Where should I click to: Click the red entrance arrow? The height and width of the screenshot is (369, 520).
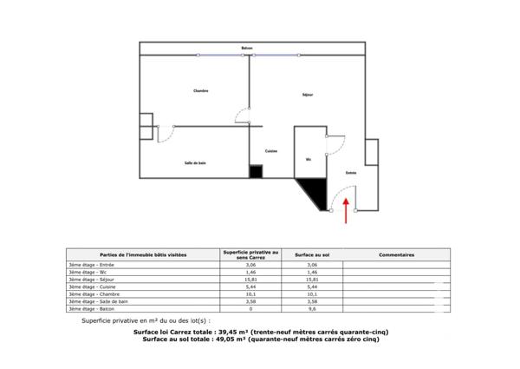(x=347, y=212)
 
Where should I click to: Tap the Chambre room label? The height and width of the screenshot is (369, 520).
(x=200, y=91)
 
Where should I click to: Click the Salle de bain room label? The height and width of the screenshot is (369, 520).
(x=195, y=162)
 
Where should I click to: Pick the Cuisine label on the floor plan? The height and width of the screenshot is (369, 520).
(x=271, y=151)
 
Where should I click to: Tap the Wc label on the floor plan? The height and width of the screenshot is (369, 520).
(x=308, y=160)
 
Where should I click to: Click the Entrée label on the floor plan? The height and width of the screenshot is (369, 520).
(x=351, y=173)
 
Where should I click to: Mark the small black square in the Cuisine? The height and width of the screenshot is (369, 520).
(x=256, y=172)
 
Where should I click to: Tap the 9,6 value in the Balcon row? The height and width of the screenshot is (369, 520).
(x=313, y=308)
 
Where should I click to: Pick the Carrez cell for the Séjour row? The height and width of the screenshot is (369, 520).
(x=250, y=280)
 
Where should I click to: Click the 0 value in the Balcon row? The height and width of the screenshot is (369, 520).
(x=250, y=308)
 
